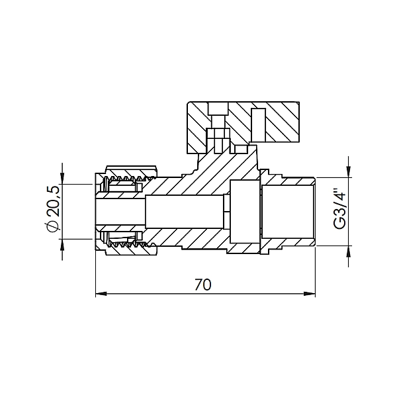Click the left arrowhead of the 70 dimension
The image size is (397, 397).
click(101, 294)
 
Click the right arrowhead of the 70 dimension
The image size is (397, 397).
click(311, 294)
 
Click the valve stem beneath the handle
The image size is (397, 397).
click(216, 139)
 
